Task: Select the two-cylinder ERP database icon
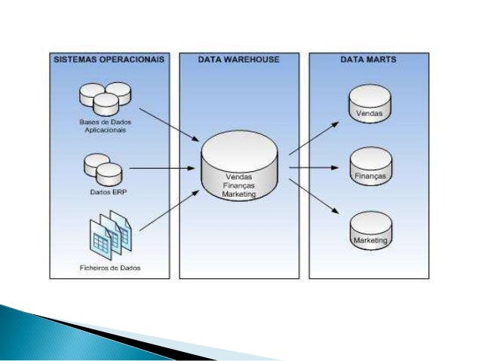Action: tap(103, 169)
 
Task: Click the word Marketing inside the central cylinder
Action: tap(239, 194)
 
